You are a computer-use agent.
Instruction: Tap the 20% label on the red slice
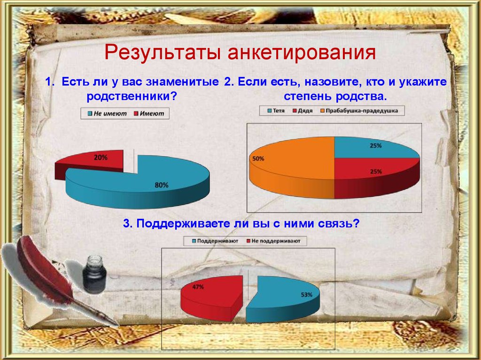(x=101, y=158)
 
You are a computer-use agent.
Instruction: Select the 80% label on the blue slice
(x=161, y=185)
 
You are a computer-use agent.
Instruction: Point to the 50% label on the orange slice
(x=258, y=159)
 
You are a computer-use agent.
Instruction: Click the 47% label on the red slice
(x=198, y=287)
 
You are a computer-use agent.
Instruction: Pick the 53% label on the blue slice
(x=306, y=295)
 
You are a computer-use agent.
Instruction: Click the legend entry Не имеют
(x=107, y=114)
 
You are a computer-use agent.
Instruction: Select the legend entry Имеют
(x=151, y=114)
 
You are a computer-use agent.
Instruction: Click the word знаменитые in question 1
(x=186, y=83)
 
